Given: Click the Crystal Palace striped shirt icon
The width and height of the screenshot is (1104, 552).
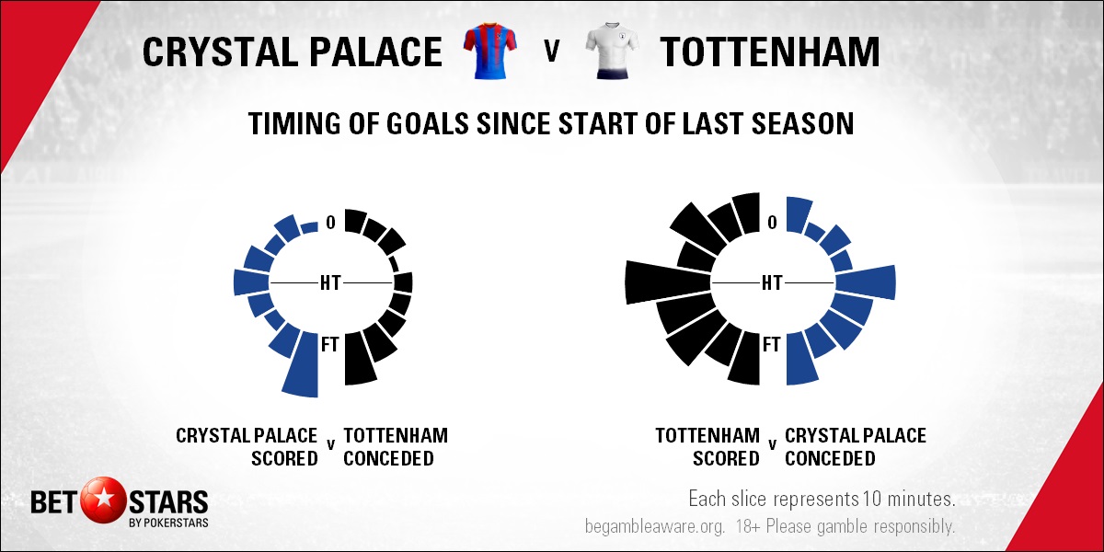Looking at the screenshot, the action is [x=490, y=51].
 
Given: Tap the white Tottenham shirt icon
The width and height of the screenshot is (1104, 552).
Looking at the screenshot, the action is [x=612, y=51].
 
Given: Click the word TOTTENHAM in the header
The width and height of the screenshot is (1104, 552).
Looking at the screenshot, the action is [x=770, y=52].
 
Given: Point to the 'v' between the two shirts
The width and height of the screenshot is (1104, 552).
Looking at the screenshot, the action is [x=552, y=51].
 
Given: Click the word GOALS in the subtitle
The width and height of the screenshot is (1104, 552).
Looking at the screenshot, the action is [x=426, y=123].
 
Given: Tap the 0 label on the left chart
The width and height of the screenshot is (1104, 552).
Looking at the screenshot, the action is [x=330, y=223].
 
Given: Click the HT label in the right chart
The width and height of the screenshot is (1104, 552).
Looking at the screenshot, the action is [x=772, y=283].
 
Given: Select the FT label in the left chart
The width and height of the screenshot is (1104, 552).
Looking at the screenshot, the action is [x=330, y=344].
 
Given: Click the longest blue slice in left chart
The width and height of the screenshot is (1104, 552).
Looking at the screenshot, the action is [x=302, y=364].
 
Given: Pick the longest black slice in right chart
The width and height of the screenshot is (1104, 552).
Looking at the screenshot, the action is [x=668, y=283].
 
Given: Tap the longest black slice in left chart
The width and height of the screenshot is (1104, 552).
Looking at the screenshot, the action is [x=359, y=358].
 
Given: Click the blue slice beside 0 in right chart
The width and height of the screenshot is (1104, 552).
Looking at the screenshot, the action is [x=799, y=215].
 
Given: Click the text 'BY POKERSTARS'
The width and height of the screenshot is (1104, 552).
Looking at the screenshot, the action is [x=167, y=523].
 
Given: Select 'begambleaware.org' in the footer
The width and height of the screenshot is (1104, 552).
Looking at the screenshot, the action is [x=655, y=526].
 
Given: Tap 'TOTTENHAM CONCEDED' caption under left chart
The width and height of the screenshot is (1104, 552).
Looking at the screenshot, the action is [x=396, y=447].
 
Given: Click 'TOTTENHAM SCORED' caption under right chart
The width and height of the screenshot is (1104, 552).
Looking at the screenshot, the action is [x=707, y=447].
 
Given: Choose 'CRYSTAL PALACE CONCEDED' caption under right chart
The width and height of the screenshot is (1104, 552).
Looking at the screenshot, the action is [x=856, y=447].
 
